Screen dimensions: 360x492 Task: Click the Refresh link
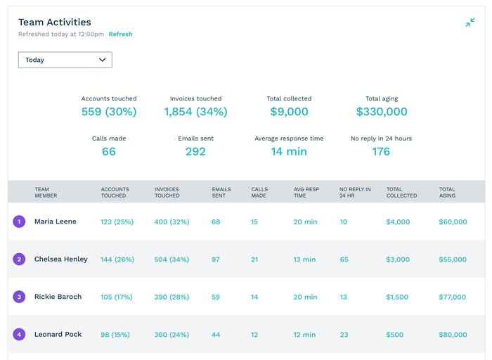[120, 34]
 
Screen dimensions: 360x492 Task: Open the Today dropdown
[65, 60]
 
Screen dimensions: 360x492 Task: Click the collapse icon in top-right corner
[470, 23]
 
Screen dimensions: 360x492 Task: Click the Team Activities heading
[54, 22]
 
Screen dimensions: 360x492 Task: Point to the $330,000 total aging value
[382, 112]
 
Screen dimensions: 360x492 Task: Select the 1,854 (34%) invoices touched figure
[195, 112]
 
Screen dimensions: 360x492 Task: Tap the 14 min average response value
[289, 151]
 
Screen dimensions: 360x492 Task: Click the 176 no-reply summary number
[381, 151]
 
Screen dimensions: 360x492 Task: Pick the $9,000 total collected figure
[289, 112]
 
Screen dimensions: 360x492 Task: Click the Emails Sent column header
[221, 192]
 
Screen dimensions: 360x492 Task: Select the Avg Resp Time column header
[306, 192]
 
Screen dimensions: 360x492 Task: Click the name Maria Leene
[56, 221]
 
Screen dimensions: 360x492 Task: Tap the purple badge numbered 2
[19, 259]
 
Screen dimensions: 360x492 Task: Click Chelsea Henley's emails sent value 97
[216, 259]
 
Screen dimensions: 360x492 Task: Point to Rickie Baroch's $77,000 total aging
[453, 297]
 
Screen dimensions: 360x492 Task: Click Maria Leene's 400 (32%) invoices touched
[171, 221]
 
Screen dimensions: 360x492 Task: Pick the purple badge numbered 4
[19, 335]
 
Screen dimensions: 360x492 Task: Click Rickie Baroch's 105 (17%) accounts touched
[116, 297]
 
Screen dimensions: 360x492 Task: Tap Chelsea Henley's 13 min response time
[305, 259]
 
